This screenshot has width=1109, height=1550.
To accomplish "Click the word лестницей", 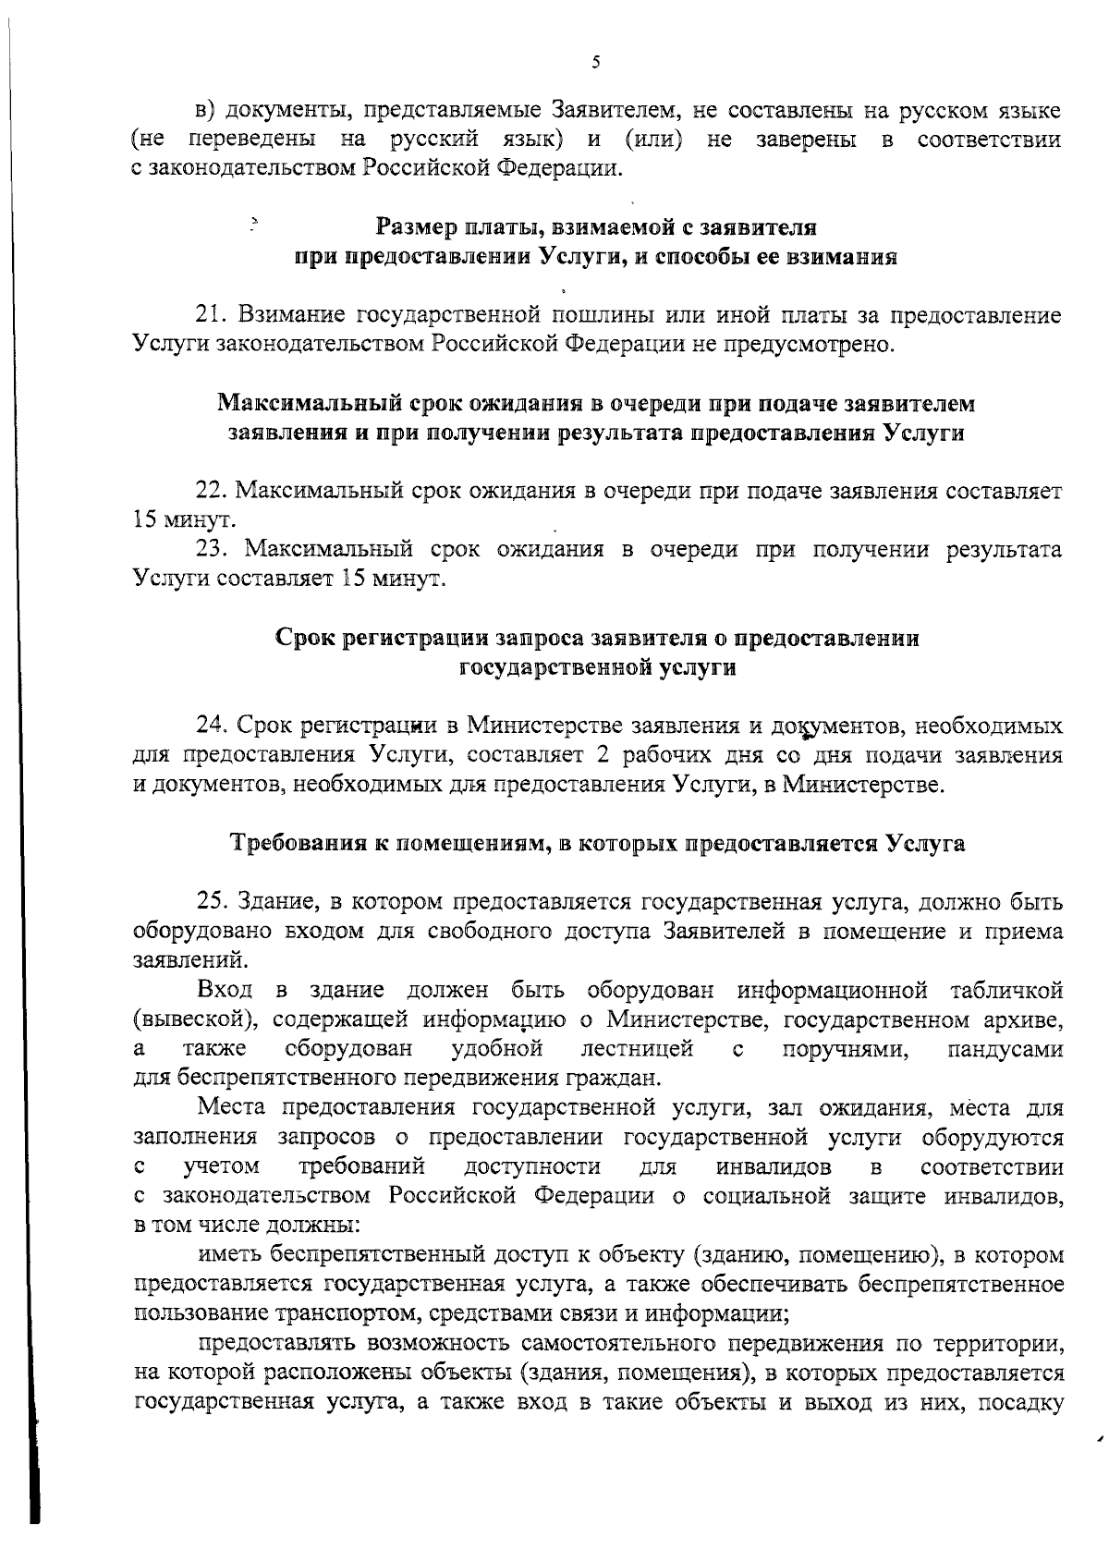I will pyautogui.click(x=637, y=1050).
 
